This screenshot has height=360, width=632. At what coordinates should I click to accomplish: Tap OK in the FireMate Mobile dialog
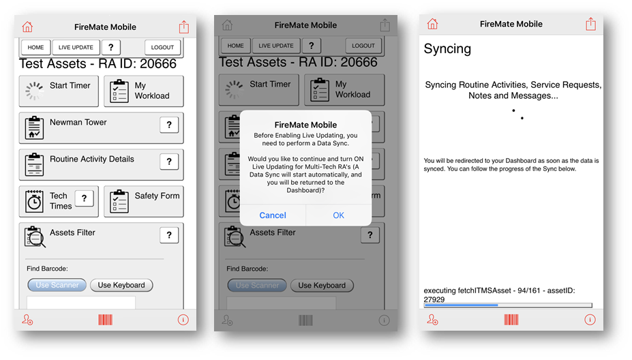pyautogui.click(x=338, y=215)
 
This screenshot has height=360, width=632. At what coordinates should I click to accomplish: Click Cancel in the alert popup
pyautogui.click(x=273, y=215)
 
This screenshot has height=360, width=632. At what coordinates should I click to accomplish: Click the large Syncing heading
pyautogui.click(x=447, y=49)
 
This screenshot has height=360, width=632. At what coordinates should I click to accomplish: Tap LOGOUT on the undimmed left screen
pyautogui.click(x=162, y=47)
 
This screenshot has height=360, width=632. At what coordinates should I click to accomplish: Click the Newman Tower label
pyautogui.click(x=78, y=122)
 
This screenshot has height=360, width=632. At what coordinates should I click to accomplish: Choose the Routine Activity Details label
pyautogui.click(x=92, y=159)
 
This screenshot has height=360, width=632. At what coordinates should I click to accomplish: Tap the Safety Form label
pyautogui.click(x=157, y=196)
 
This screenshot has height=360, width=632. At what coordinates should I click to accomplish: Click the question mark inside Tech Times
pyautogui.click(x=85, y=198)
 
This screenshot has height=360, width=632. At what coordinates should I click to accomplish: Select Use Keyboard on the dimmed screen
pyautogui.click(x=322, y=286)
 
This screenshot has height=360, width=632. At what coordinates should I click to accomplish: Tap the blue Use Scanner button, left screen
pyautogui.click(x=57, y=285)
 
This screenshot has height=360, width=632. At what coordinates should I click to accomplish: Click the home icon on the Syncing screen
pyautogui.click(x=432, y=24)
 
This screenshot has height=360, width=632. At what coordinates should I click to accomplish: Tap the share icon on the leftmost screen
pyautogui.click(x=184, y=27)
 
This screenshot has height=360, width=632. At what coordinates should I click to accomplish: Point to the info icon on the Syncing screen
pyautogui.click(x=590, y=320)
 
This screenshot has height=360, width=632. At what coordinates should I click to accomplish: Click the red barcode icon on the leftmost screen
pyautogui.click(x=105, y=320)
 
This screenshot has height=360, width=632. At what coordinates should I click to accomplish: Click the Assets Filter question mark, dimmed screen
pyautogui.click(x=370, y=235)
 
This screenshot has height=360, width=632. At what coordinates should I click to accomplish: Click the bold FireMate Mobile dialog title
pyautogui.click(x=305, y=125)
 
